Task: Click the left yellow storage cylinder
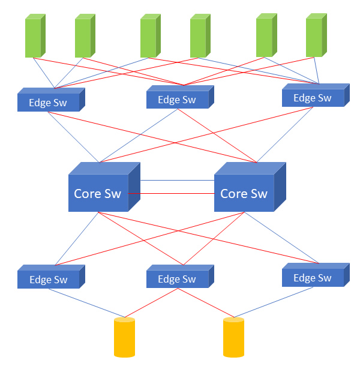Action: click(124, 338)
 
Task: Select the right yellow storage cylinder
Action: click(233, 338)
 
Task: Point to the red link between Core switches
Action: click(171, 194)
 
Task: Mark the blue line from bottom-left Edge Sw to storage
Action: click(87, 304)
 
